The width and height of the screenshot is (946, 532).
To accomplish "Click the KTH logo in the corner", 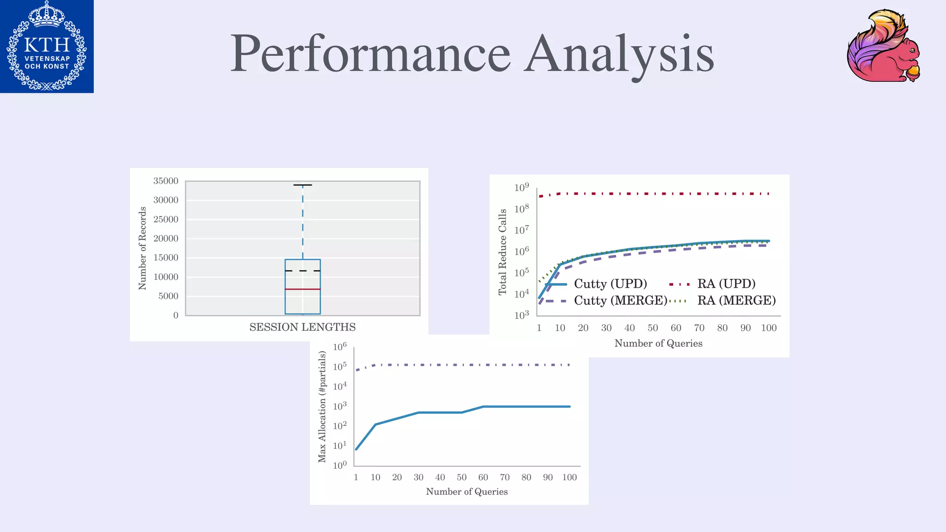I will point(47,46).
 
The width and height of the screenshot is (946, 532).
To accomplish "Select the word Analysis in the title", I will point(619,54).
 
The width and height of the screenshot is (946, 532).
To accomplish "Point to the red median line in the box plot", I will point(303,289).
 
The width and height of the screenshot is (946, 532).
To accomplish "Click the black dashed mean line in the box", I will point(303,271).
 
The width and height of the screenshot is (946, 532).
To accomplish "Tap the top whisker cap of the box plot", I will point(303,185).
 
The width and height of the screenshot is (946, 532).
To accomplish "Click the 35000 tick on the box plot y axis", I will point(166,181).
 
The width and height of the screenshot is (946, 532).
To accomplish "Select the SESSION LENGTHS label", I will point(303,327).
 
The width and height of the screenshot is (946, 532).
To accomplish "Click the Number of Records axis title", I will point(142,248).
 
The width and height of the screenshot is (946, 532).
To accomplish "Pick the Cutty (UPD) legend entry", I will point(610,284).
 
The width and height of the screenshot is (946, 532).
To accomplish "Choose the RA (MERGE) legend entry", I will point(736,301).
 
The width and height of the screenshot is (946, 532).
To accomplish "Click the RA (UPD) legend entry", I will point(726,284).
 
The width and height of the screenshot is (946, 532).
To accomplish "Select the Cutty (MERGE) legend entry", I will point(620,301).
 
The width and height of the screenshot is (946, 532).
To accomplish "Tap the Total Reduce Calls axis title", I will point(503,252).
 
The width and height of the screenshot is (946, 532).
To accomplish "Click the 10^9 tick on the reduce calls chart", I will point(522,187).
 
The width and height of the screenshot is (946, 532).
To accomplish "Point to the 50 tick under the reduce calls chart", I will point(652,328).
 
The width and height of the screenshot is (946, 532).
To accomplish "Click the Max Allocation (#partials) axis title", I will point(322,406).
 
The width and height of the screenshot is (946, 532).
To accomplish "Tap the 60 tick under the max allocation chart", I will point(483,478).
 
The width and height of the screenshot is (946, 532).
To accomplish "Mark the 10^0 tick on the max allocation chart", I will point(340,465).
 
